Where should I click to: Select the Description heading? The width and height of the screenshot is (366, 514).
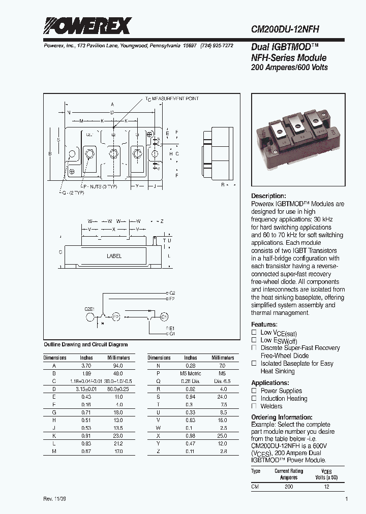268,196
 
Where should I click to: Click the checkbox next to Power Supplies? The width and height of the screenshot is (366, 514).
254,391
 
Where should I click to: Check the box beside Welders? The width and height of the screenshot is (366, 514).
254,406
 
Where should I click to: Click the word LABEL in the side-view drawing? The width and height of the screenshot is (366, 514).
114,256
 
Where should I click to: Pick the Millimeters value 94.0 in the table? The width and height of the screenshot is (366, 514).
118,366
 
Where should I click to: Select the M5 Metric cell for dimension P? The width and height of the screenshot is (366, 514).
191,373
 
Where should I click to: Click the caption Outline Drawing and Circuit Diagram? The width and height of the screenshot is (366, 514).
86,344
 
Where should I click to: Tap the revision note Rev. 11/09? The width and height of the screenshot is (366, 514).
54,499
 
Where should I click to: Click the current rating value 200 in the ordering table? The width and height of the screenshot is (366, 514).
289,487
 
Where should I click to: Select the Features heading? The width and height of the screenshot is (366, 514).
264,325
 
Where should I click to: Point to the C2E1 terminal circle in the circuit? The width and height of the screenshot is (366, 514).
90,316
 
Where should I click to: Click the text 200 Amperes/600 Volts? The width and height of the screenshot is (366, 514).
290,68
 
